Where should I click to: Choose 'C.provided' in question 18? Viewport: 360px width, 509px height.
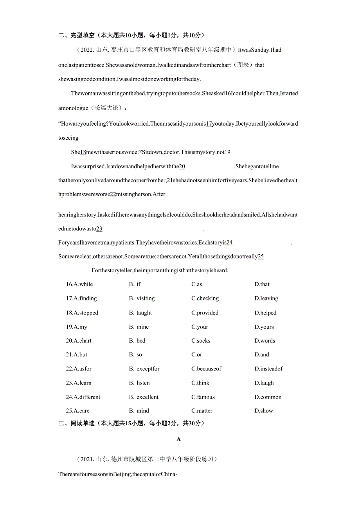(205, 313)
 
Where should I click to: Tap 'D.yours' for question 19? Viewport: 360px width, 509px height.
(264, 327)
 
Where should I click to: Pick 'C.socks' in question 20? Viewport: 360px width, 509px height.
(201, 341)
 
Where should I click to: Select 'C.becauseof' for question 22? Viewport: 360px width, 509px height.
(206, 369)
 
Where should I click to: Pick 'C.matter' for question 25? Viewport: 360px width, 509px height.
(202, 411)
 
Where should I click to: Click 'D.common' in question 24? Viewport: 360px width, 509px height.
(268, 397)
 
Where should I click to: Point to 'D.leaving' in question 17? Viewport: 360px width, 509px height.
(266, 299)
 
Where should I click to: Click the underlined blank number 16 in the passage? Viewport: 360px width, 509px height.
(228, 94)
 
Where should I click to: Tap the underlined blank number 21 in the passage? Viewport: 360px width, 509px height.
(170, 180)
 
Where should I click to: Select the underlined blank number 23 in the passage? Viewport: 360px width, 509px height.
(99, 229)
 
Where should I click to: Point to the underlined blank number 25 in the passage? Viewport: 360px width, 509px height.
(261, 257)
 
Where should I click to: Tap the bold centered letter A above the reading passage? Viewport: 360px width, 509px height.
(179, 439)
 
